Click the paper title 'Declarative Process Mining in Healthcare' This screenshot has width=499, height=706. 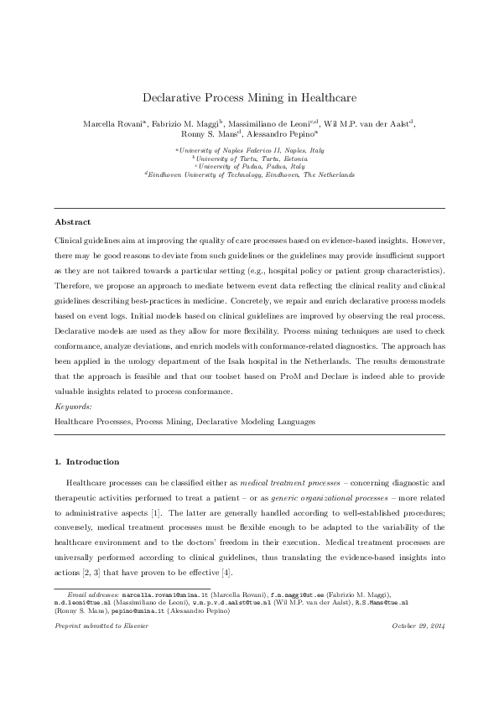[249, 97]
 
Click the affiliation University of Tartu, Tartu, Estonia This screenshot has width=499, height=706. [249, 158]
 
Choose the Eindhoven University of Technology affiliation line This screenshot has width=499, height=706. [249, 174]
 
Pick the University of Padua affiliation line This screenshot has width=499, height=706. [249, 166]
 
